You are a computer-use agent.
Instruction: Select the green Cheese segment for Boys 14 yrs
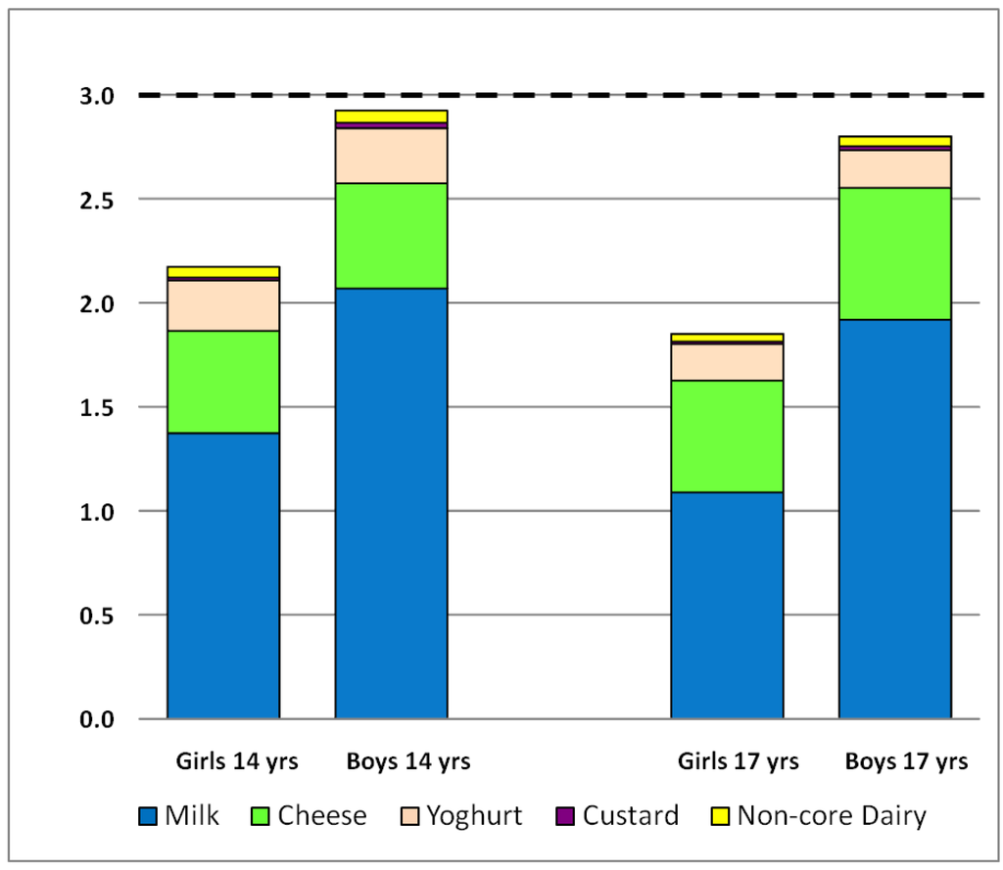coord(391,236)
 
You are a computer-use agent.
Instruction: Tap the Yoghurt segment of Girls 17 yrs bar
coord(727,362)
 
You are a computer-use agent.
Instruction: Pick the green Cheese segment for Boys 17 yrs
coord(894,253)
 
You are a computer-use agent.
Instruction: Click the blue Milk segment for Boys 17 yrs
coord(894,519)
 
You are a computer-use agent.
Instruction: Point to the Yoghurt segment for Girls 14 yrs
coord(223,305)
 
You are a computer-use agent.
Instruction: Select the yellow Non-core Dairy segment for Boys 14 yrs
coord(391,116)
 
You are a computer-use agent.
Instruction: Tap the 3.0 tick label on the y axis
coord(97,96)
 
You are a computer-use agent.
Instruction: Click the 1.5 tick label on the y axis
coord(97,407)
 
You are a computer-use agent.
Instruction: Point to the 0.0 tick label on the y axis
coord(97,719)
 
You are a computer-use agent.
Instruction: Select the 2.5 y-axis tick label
coord(97,200)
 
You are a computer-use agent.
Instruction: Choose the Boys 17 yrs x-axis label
coord(907,760)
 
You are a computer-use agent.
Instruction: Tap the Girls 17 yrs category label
coord(739,760)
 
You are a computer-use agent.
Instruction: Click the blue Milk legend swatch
coord(147,816)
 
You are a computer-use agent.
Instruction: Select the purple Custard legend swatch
coord(565,816)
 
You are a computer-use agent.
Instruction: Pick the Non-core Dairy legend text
coord(831,816)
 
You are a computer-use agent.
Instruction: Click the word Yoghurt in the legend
coord(475,816)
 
